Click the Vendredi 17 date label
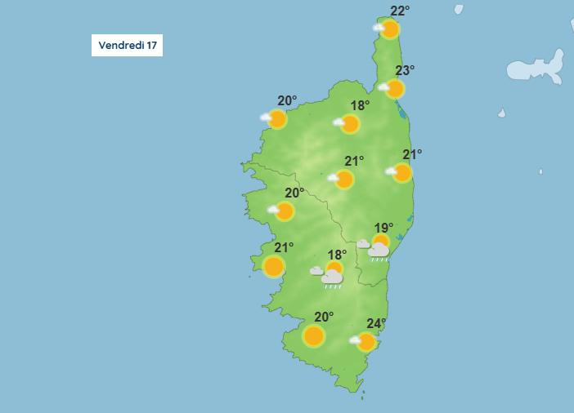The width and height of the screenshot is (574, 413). point(127,46)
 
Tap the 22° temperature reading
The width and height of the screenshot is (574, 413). point(400,11)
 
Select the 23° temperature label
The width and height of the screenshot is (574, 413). point(405,71)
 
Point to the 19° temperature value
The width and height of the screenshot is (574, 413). point(383,228)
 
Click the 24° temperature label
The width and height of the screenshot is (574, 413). point(375,322)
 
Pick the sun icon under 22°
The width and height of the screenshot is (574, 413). point(390,30)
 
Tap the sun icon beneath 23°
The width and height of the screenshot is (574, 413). point(395,89)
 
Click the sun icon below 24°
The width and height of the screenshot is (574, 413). point(367,342)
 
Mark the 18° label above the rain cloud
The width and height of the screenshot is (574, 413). point(337,255)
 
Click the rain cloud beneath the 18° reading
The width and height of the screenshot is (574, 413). point(332,278)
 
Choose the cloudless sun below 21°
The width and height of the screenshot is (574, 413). point(274,266)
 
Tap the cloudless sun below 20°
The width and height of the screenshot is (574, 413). point(314,335)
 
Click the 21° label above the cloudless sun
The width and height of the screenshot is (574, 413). point(284,247)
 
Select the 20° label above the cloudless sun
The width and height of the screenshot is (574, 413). point(324,317)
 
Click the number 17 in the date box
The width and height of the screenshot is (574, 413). point(151,46)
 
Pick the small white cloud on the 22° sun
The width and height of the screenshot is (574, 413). point(379,28)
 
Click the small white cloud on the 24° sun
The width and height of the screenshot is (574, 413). point(356,340)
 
